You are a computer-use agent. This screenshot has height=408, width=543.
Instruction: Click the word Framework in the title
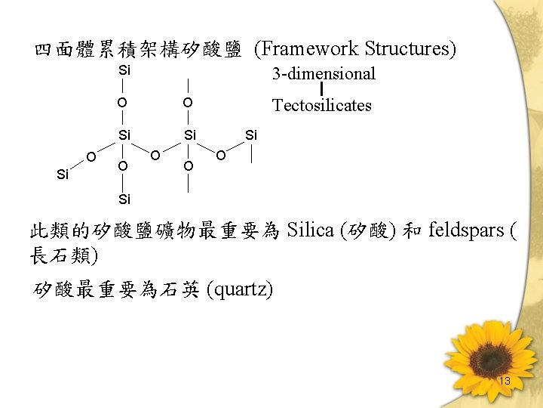click(309, 49)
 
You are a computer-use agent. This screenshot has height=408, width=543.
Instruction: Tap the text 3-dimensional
click(324, 73)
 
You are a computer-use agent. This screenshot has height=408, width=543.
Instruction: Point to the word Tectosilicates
click(322, 105)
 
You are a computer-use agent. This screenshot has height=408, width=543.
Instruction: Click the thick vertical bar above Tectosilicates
click(323, 89)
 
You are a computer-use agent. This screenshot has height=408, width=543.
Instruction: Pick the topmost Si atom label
click(124, 70)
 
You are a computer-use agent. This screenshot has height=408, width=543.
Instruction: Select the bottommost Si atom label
click(124, 199)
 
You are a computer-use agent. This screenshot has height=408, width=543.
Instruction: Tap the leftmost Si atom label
click(63, 175)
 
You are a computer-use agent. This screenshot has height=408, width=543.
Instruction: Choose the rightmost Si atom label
click(251, 134)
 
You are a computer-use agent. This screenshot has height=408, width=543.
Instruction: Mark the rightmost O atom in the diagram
click(220, 156)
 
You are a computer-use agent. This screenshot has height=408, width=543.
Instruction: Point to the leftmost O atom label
click(90, 156)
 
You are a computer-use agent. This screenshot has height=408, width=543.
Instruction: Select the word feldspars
click(465, 230)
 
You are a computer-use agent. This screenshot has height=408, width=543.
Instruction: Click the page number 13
click(505, 382)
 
